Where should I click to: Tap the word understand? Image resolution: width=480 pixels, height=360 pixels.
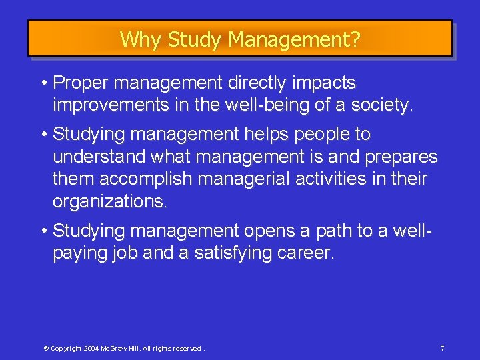[99, 157]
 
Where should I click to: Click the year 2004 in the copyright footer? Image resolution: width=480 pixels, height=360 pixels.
[92, 349]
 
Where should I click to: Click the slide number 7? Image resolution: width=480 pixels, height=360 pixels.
[443, 349]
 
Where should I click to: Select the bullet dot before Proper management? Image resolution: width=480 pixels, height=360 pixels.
[43, 83]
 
